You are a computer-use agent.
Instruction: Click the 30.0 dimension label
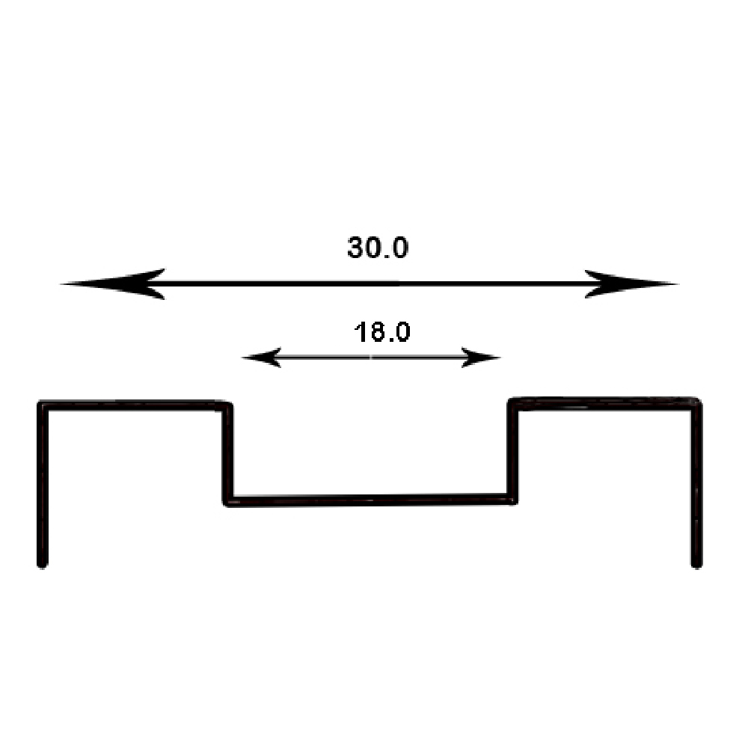[x=378, y=248]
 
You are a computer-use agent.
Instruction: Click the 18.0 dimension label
[x=381, y=331]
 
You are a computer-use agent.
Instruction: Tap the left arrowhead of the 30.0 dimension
[x=112, y=283]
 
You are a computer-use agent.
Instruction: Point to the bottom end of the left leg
[x=43, y=563]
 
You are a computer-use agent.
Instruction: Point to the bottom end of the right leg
[x=696, y=563]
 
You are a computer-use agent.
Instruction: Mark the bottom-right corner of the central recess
[x=512, y=499]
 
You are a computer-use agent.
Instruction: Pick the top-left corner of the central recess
[x=228, y=405]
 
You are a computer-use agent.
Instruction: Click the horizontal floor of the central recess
[x=370, y=500]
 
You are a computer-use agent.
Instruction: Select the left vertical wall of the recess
[x=228, y=453]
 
